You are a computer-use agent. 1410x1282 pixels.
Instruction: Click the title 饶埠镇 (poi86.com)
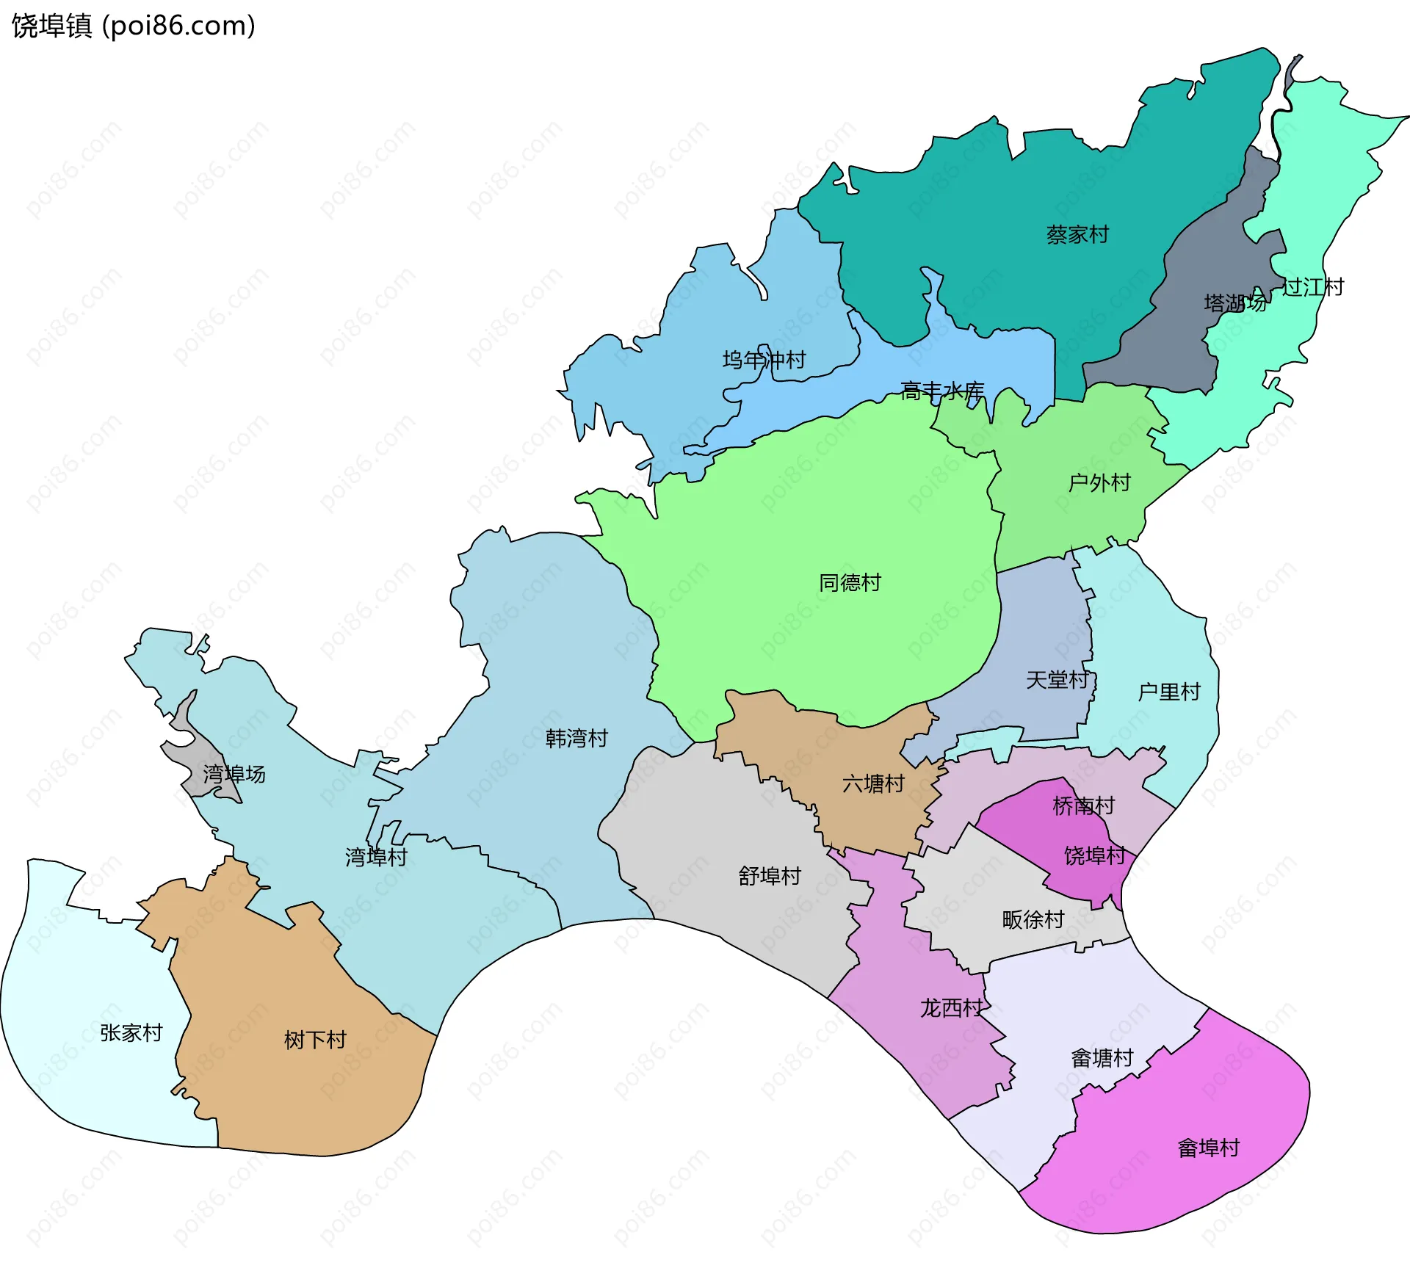tap(134, 26)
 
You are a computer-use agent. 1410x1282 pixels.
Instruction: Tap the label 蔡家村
tap(1077, 235)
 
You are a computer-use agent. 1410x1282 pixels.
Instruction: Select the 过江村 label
tap(1312, 287)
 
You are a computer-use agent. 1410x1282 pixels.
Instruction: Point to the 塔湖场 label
tap(1234, 303)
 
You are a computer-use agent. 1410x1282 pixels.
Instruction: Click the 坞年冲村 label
tap(764, 360)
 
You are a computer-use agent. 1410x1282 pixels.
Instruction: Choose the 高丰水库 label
tap(942, 391)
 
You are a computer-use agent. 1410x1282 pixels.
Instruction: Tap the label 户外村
tap(1099, 483)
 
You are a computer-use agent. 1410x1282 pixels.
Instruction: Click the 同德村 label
tap(850, 583)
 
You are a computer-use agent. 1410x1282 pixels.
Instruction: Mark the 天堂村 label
tap(1056, 680)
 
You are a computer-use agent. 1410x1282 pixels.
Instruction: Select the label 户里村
tap(1168, 692)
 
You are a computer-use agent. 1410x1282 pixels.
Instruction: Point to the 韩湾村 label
tap(576, 739)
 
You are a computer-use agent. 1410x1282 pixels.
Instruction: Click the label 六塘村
tap(873, 784)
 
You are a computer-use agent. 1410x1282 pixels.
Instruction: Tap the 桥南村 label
tap(1083, 806)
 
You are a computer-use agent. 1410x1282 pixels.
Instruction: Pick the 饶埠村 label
tap(1094, 855)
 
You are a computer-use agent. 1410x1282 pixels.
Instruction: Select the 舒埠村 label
tap(769, 876)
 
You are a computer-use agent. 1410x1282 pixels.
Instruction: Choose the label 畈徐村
tap(1033, 920)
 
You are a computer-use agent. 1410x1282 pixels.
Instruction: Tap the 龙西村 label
tap(951, 1008)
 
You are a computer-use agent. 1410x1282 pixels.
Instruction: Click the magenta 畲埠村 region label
tap(1208, 1148)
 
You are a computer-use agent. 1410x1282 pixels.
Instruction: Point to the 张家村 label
tap(131, 1033)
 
